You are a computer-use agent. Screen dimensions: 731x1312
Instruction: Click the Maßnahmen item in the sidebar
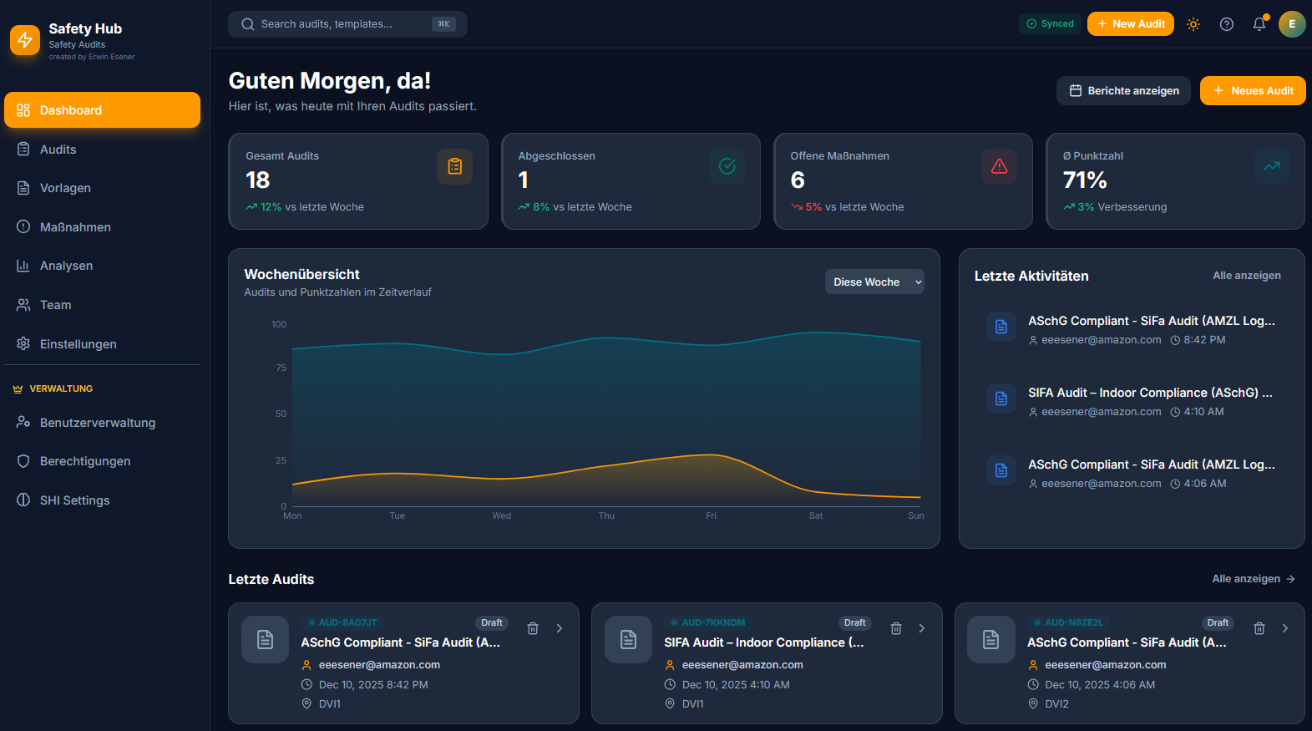click(x=75, y=227)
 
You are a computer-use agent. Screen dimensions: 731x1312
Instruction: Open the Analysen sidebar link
click(x=66, y=266)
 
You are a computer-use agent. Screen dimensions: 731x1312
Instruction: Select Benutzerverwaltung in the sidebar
click(x=97, y=423)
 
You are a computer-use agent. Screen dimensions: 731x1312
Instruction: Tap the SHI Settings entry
click(x=74, y=500)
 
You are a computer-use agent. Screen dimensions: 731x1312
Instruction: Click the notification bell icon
click(x=1259, y=24)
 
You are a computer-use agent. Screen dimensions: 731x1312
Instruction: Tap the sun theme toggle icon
click(x=1193, y=24)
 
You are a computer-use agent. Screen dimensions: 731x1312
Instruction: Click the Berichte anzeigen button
click(x=1123, y=91)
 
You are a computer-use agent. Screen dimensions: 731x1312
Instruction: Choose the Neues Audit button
click(x=1253, y=91)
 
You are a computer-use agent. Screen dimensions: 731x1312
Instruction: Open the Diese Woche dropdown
click(x=874, y=282)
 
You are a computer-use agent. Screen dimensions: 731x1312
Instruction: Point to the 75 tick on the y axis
click(x=281, y=368)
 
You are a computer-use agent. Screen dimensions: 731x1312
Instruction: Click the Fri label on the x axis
click(x=711, y=516)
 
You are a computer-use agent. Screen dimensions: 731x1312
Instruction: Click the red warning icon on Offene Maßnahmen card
click(x=999, y=167)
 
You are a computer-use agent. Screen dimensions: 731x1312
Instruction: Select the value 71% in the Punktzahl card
click(x=1085, y=180)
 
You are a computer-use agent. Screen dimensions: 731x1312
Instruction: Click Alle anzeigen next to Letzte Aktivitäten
click(x=1246, y=276)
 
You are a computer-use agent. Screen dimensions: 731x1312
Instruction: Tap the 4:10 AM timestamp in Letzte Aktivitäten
click(x=1203, y=412)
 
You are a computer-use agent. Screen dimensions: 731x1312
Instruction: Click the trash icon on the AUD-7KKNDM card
click(x=896, y=628)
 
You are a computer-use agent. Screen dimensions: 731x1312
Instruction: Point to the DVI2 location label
click(x=1056, y=704)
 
